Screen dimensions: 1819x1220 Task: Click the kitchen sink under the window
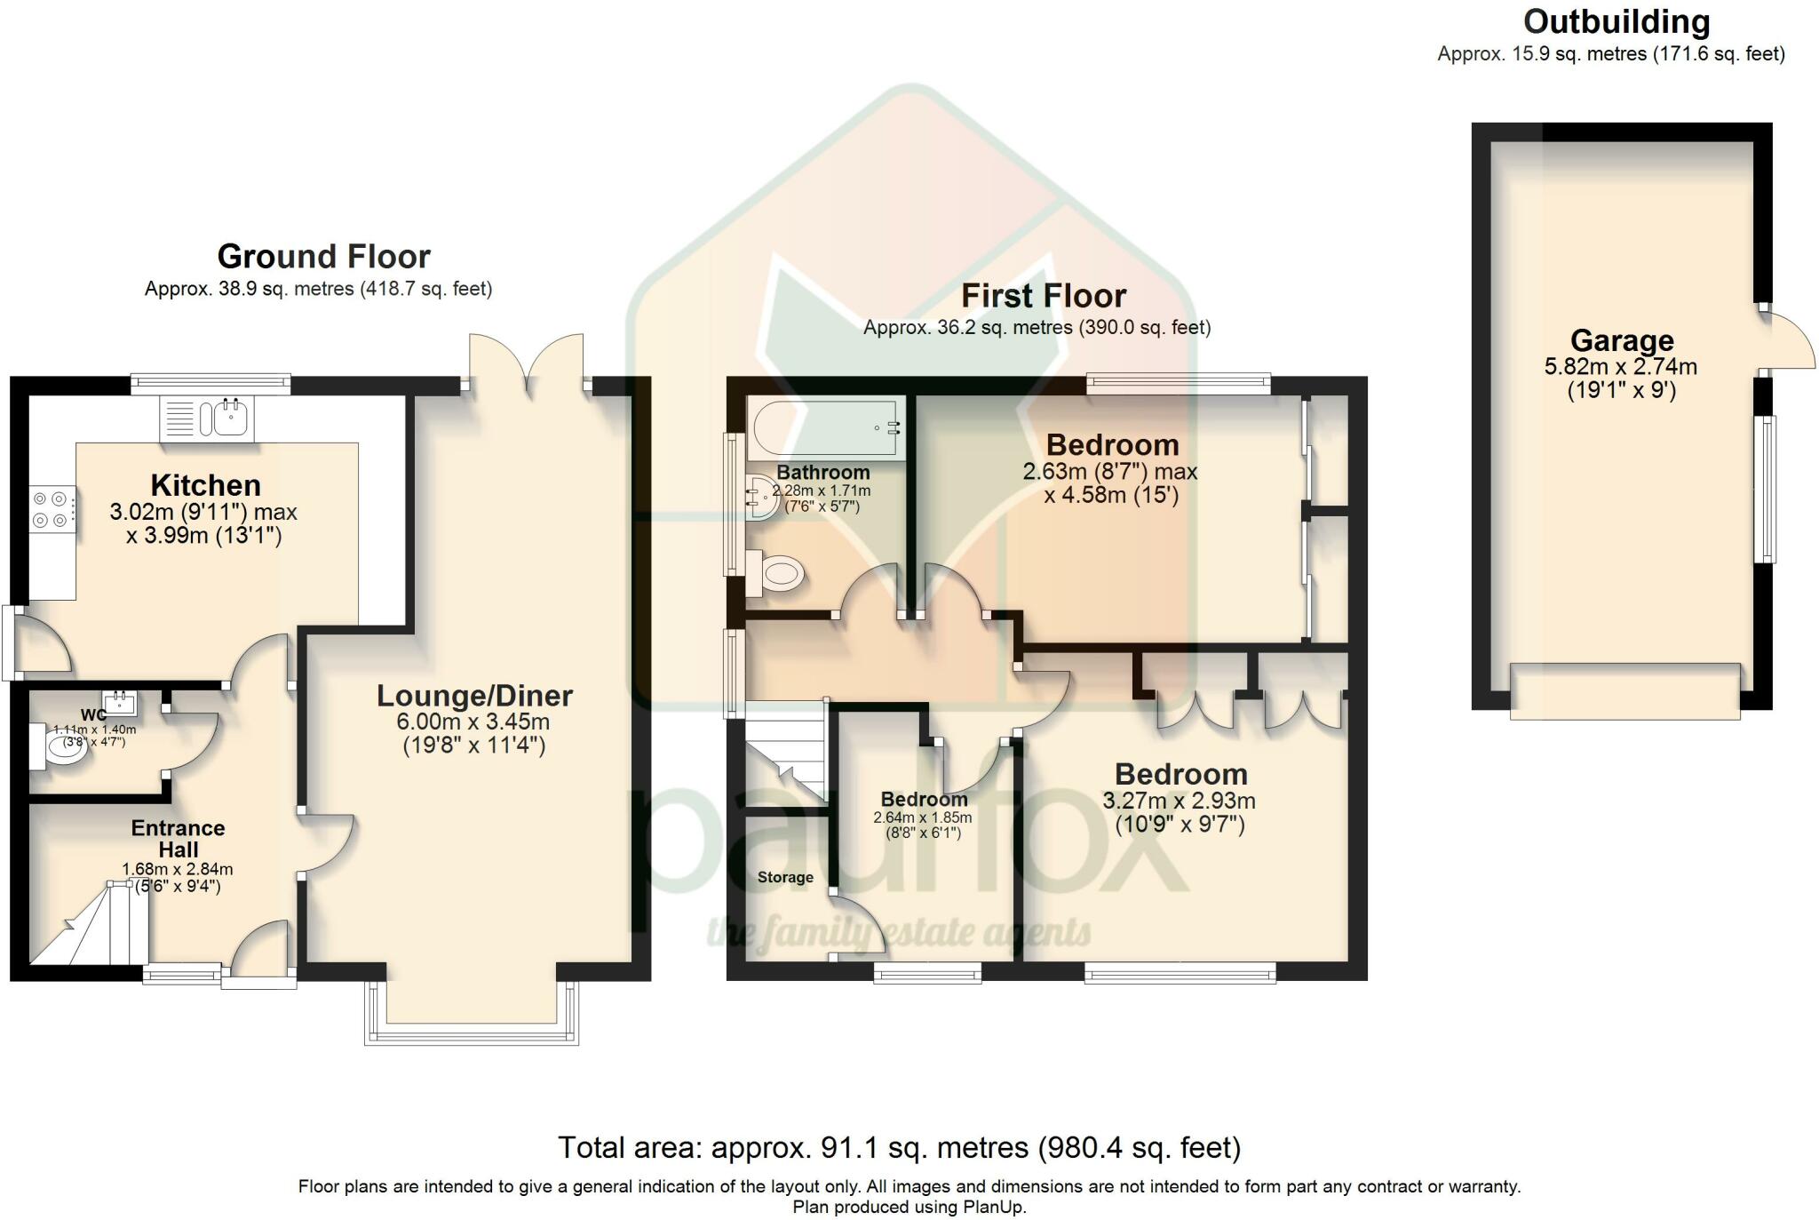207,419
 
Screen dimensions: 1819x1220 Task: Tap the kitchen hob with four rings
52,510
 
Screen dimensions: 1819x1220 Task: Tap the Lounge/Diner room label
475,696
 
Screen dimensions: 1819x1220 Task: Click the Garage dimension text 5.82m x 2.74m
1622,366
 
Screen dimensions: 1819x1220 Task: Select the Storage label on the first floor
785,878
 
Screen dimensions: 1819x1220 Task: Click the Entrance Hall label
179,839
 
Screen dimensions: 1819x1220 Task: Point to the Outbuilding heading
1616,21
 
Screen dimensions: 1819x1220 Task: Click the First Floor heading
1044,295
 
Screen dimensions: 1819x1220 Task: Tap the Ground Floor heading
324,257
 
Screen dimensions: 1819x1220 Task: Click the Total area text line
899,1148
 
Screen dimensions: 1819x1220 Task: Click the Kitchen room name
206,485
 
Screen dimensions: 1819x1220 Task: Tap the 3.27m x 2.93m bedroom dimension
1180,801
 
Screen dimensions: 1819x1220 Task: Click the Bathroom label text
823,473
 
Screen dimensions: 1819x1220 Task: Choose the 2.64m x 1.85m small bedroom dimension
923,818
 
